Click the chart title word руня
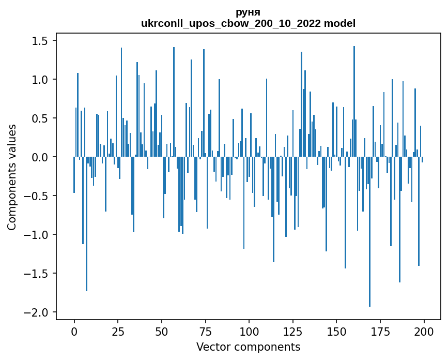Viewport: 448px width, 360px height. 248,12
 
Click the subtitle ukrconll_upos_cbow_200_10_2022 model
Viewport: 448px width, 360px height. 248,23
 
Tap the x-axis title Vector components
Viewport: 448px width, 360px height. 248,347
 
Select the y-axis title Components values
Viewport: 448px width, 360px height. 11,177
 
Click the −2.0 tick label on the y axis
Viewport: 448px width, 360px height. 36,312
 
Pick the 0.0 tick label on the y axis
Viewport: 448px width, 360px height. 40,157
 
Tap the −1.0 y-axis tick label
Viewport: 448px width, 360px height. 36,235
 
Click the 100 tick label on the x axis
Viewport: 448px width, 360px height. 249,332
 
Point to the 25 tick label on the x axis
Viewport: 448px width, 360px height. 118,332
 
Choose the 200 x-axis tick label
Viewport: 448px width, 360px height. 424,332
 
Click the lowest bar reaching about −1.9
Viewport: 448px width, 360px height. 369,232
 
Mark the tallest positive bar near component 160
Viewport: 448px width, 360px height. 354,101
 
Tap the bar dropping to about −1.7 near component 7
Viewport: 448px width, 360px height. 86,224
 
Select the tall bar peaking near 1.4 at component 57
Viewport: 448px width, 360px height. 174,102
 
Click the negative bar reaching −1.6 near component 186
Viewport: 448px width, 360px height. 399,220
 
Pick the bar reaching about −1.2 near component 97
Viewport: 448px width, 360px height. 244,203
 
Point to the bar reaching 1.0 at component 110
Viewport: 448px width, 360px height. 266,117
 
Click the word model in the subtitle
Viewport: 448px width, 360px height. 339,23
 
